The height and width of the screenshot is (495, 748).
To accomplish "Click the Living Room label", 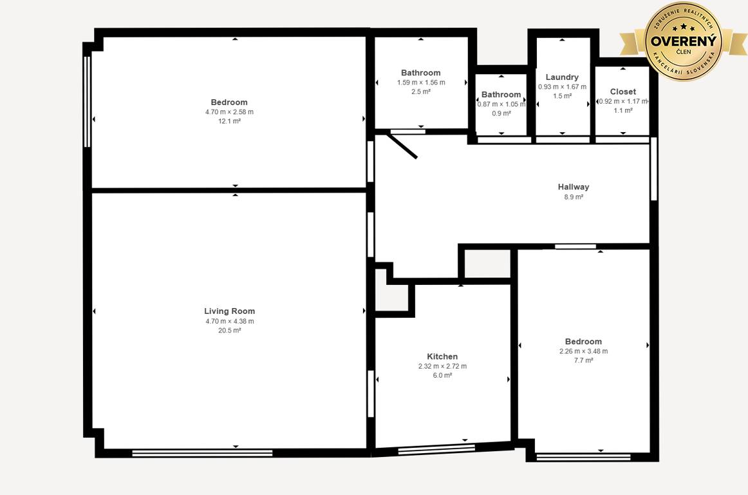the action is click(229, 311).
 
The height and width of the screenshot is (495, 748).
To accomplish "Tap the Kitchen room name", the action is click(442, 356).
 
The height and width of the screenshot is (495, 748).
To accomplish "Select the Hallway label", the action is click(574, 187).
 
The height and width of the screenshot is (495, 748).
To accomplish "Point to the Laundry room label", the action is click(562, 77).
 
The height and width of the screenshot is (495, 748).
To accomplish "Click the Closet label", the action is click(623, 92).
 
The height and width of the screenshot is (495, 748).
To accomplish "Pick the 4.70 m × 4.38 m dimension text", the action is click(229, 321).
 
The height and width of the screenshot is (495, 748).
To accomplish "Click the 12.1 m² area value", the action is click(229, 121).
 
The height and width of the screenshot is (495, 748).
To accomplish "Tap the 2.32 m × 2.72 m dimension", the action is click(442, 367).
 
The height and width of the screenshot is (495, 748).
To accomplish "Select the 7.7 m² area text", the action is click(583, 360).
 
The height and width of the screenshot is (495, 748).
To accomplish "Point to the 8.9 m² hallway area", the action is click(574, 197).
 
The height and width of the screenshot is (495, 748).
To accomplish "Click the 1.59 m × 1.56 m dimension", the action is click(421, 82).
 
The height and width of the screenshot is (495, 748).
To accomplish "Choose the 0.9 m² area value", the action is click(501, 113).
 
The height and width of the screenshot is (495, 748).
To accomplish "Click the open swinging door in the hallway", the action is click(402, 146).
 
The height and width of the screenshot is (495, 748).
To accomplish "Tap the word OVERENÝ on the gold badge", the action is click(684, 41).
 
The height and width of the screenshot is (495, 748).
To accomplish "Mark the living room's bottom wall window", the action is click(202, 452).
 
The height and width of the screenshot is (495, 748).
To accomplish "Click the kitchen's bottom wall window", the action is click(436, 449).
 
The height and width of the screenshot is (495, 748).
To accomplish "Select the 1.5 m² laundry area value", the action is click(563, 96).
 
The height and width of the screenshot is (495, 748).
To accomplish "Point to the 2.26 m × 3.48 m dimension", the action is click(583, 351).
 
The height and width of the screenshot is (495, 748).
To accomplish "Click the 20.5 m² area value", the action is click(229, 331).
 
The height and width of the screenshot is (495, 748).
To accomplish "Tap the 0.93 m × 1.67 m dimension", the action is click(563, 87).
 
